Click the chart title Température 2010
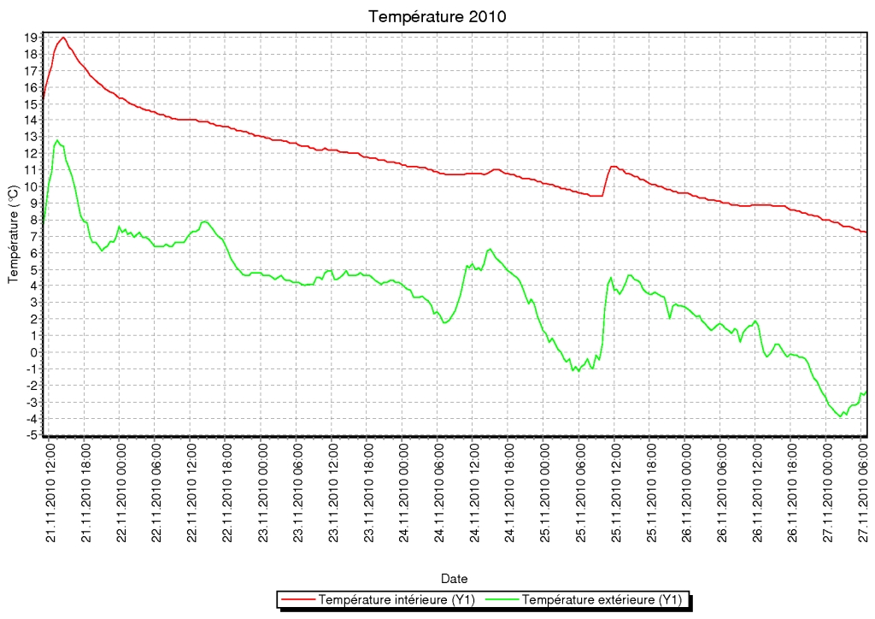pos(437,16)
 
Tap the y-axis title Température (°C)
pos(14,234)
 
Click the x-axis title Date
pos(454,579)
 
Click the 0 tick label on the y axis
pos(34,352)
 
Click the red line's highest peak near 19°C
pos(63,38)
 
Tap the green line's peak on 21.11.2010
pos(57,140)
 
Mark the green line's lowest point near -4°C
pos(841,416)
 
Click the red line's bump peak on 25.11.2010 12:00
pos(614,167)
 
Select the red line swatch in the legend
pos(297,600)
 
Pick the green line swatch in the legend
pos(502,600)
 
